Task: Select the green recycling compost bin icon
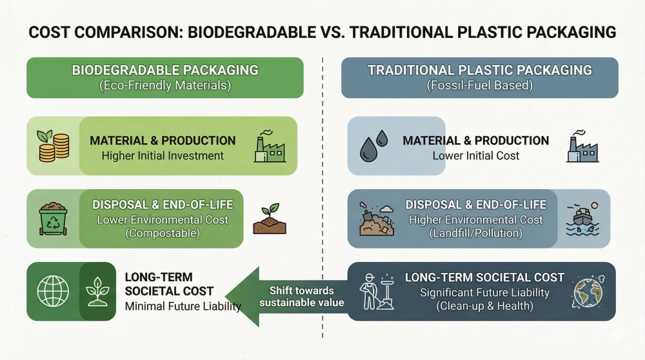click(x=54, y=219)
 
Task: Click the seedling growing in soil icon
click(x=270, y=219)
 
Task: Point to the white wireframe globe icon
click(x=53, y=291)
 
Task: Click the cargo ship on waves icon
click(x=582, y=219)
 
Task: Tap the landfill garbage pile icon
click(x=378, y=219)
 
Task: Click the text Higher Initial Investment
click(x=163, y=155)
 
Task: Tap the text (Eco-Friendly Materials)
click(x=165, y=85)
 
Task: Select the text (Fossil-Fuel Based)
click(x=480, y=85)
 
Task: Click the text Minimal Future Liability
click(x=183, y=306)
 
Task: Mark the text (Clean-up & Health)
click(x=484, y=306)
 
